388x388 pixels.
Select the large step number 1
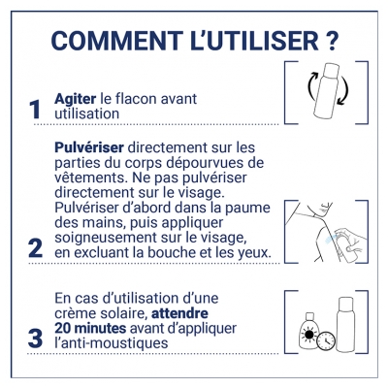tap(35, 110)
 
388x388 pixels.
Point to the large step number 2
tap(35, 248)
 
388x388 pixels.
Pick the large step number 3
tap(35, 339)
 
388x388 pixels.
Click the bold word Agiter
tap(79, 97)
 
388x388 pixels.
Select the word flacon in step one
tap(152, 97)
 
